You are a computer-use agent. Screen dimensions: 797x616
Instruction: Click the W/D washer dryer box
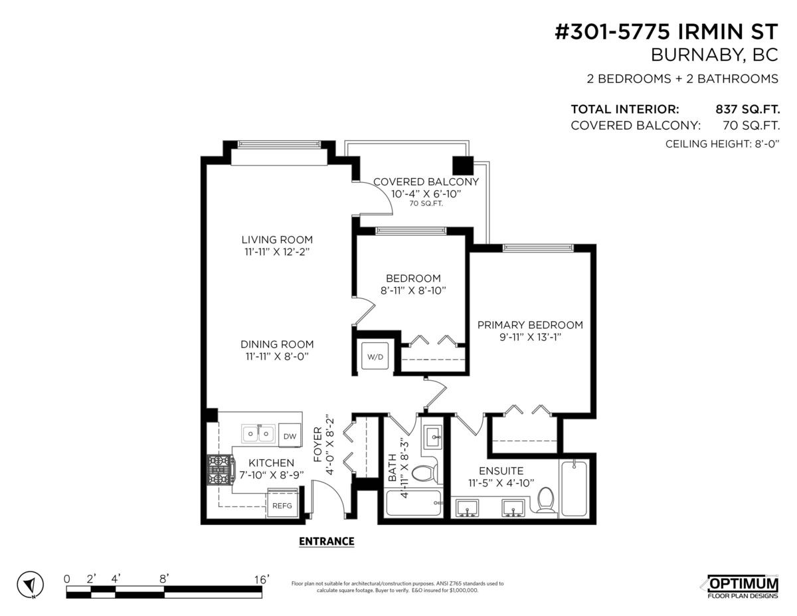coord(375,356)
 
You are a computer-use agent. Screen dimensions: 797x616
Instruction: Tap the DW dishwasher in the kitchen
coord(290,435)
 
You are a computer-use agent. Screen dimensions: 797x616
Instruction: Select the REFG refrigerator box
coord(282,502)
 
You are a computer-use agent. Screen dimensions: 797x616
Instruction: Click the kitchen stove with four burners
coord(220,470)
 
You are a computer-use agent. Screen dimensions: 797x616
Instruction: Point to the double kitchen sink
coord(258,433)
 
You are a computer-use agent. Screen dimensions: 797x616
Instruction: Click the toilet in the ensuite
coord(546,499)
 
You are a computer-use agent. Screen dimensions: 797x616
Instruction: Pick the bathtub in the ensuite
coord(574,488)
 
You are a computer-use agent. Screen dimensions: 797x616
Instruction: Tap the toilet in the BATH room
coord(424,473)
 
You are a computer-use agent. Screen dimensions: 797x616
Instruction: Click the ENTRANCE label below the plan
coord(326,542)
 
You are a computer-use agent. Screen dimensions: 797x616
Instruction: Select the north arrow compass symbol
coord(31,585)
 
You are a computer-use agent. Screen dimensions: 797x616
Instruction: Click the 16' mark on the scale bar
coord(262,579)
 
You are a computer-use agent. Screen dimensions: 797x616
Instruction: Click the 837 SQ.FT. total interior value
coord(747,110)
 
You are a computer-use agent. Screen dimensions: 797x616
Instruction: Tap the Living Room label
coord(277,240)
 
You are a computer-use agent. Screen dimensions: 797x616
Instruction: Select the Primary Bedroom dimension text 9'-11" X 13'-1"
coord(531,337)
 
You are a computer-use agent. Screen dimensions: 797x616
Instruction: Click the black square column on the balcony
coord(463,165)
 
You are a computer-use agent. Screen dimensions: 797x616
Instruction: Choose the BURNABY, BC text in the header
coord(714,55)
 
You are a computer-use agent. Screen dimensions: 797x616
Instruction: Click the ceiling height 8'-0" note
coord(722,144)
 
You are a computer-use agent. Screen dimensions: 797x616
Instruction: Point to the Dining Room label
coord(277,344)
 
